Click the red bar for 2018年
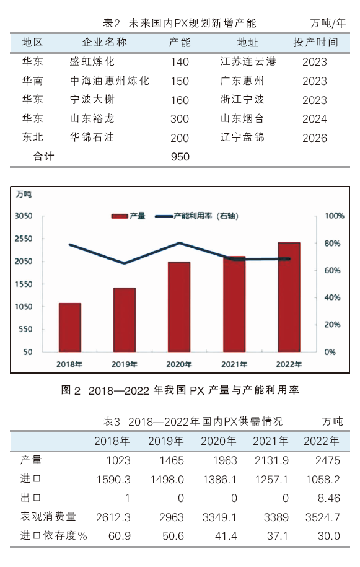point(70,327)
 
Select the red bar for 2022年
point(289,297)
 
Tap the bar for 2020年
point(179,307)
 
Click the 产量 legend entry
point(128,216)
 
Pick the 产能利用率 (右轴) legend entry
point(196,216)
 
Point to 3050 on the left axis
point(24,216)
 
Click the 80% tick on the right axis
point(332,244)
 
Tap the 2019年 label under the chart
point(125,364)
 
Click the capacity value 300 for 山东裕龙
point(180,119)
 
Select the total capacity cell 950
point(180,157)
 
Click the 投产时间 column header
point(315,43)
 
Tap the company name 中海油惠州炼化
point(110,81)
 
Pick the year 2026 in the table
point(315,138)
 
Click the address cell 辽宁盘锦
point(242,138)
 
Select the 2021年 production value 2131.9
point(271,460)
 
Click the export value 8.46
point(329,498)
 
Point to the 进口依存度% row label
point(53,535)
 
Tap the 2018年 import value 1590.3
point(113,480)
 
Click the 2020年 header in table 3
point(218,441)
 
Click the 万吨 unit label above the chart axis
point(24,195)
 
